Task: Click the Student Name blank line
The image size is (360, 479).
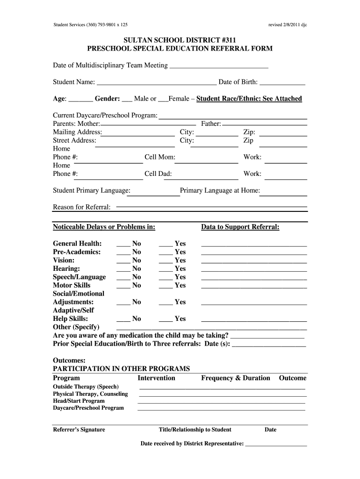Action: [x=156, y=83]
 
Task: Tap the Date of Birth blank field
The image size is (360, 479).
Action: [x=282, y=83]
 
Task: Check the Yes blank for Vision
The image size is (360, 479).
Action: [x=166, y=261]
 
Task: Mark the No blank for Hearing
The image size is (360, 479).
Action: [x=123, y=269]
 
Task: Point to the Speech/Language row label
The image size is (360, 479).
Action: [x=79, y=277]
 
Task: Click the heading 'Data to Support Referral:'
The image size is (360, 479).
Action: [x=240, y=227]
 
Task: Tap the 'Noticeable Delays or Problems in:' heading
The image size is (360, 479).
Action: [x=104, y=227]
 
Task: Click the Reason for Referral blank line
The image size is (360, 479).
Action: [x=211, y=206]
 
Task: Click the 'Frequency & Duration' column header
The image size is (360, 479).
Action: [x=236, y=378]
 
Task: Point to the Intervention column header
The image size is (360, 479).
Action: [x=156, y=378]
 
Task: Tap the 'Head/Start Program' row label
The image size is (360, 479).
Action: [x=79, y=401]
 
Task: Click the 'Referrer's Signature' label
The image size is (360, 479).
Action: [x=79, y=429]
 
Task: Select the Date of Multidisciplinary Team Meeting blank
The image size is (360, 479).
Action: [x=218, y=66]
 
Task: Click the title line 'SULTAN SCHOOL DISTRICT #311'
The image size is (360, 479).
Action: [x=180, y=41]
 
